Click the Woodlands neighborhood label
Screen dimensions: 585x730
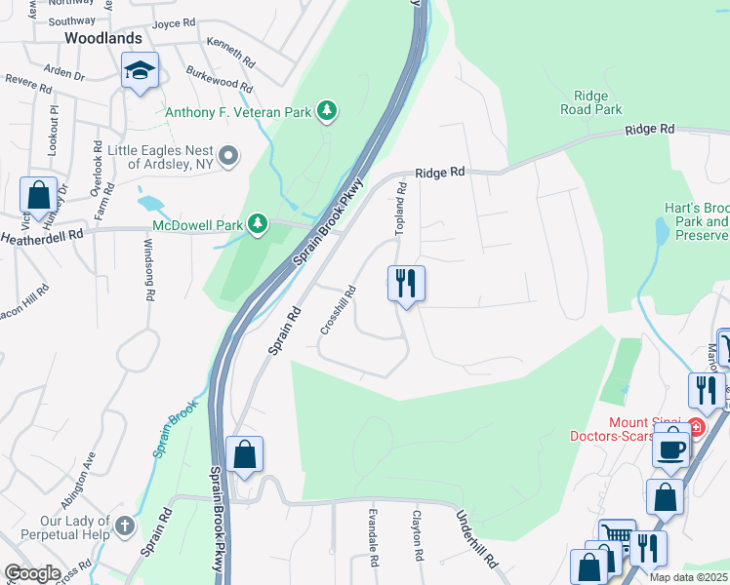(x=102, y=38)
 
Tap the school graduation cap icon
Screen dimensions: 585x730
(x=140, y=71)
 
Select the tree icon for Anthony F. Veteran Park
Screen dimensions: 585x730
(x=329, y=111)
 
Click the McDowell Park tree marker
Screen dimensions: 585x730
(x=258, y=225)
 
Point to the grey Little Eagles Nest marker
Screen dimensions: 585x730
(x=228, y=156)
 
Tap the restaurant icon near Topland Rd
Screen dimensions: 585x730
(x=406, y=284)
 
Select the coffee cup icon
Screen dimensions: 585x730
(x=670, y=448)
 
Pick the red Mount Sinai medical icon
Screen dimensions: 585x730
(x=694, y=427)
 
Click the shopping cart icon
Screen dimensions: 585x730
(x=617, y=535)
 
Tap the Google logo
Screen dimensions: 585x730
(x=32, y=573)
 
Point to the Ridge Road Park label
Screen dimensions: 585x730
(x=591, y=103)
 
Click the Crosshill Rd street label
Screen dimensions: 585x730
(x=338, y=311)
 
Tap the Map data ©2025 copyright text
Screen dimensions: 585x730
(x=688, y=577)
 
